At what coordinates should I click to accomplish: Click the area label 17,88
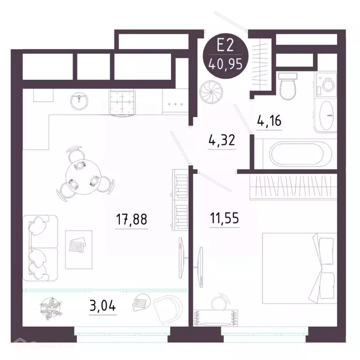pyautogui.click(x=132, y=219)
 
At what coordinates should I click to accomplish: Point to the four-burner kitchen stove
pyautogui.click(x=122, y=101)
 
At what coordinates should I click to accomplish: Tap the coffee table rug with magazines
pyautogui.click(x=76, y=248)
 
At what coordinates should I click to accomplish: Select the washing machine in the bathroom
pyautogui.click(x=324, y=85)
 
